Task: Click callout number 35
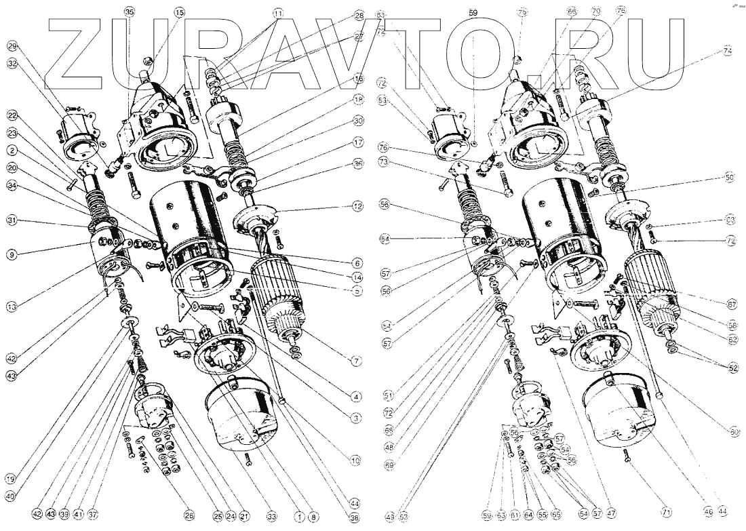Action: coord(130,12)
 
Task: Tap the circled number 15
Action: coord(179,12)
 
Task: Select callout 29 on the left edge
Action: coord(12,46)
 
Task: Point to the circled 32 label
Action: coord(12,63)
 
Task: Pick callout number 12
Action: coord(358,205)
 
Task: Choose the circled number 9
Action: coord(12,255)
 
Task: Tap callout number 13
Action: coord(12,307)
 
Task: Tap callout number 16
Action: coord(358,79)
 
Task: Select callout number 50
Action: coord(729,177)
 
